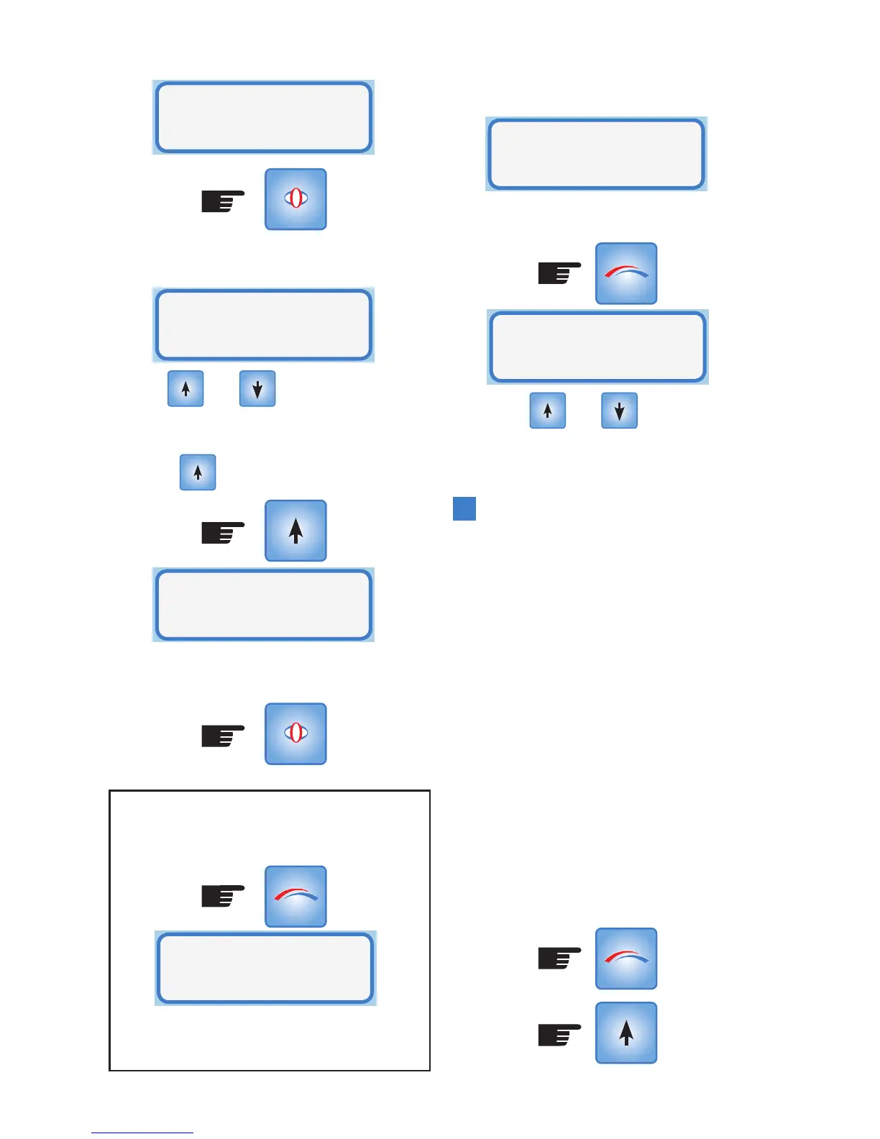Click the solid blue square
pos(464,508)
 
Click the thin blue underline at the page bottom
pos(142,1133)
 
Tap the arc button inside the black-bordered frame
pos(295,896)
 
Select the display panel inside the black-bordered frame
pos(265,968)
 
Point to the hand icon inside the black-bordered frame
pos(223,896)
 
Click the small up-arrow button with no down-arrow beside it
pos(198,472)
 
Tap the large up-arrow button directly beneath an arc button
pos(625,1033)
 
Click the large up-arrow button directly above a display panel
pos(295,531)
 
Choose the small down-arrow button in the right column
pos(619,411)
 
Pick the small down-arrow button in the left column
pos(257,389)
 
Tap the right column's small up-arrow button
pos(548,411)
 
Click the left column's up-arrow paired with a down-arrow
pos(185,389)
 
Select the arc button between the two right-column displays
pos(625,273)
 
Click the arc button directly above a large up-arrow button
pos(625,959)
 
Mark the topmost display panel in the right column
pos(596,154)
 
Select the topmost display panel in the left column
pos(263,117)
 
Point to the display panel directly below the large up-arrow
pos(263,605)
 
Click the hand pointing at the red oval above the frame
pos(223,735)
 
